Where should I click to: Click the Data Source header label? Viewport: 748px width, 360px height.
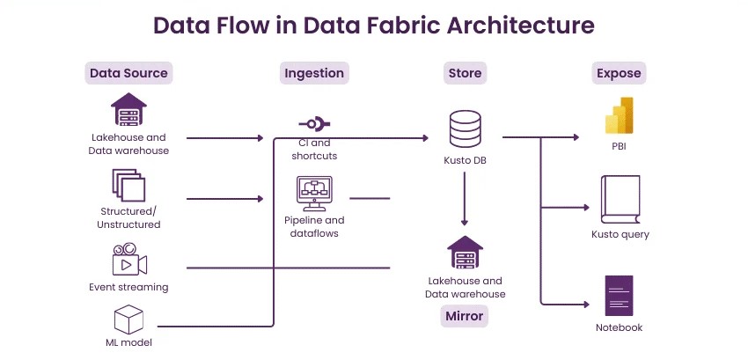tap(128, 73)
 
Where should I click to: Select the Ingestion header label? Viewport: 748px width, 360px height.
tap(314, 73)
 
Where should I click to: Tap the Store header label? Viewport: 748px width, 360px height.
tap(464, 73)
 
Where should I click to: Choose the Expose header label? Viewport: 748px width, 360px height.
tap(619, 73)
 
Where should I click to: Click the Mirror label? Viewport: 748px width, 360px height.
tap(464, 315)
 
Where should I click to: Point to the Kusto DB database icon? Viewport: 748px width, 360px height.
tap(464, 129)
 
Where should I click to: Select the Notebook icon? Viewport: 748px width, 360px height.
tap(619, 296)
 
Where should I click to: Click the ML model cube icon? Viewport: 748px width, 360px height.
tap(128, 319)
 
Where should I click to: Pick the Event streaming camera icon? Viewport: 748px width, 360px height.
tap(128, 261)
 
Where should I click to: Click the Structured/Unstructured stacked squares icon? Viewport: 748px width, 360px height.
tap(128, 186)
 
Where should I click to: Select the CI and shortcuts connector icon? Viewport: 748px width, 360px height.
tap(313, 124)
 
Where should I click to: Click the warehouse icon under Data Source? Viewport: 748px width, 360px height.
tap(128, 111)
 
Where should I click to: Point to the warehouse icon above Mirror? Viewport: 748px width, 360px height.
tap(465, 253)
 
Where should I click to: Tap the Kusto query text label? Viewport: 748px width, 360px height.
tap(620, 234)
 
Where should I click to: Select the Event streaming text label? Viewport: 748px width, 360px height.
tap(128, 287)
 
